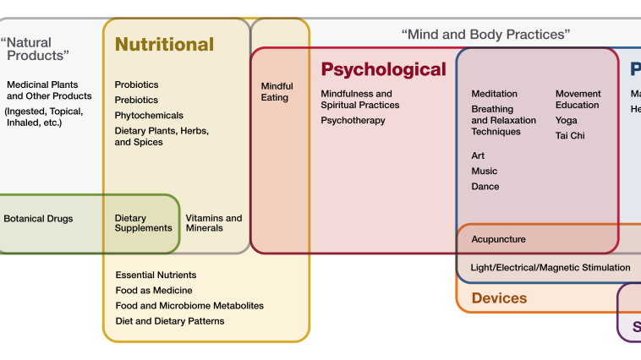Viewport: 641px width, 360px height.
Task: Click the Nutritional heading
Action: click(x=164, y=45)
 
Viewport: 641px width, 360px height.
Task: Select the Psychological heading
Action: click(x=383, y=69)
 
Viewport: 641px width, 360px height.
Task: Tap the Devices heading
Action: click(x=499, y=298)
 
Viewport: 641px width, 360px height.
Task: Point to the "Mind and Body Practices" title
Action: click(x=485, y=35)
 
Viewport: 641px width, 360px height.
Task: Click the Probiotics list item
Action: click(x=136, y=85)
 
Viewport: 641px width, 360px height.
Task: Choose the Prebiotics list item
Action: click(x=136, y=100)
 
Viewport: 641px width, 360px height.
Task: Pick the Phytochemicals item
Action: click(x=149, y=115)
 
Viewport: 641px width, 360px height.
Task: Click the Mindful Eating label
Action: click(x=277, y=91)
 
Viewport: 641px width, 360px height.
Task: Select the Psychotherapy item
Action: click(x=353, y=121)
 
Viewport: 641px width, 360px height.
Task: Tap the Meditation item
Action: click(x=494, y=94)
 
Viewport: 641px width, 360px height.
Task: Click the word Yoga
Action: click(x=567, y=121)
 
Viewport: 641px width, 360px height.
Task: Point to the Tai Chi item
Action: click(x=570, y=135)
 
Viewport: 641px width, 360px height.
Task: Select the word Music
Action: click(x=485, y=171)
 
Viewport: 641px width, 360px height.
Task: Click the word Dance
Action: click(x=485, y=186)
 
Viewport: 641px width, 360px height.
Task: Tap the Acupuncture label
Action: click(x=498, y=239)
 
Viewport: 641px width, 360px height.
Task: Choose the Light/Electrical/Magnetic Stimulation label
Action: click(x=550, y=268)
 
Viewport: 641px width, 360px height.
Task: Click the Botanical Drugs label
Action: click(x=38, y=219)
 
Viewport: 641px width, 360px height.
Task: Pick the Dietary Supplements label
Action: click(x=143, y=223)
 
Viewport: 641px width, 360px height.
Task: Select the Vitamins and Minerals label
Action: click(x=213, y=223)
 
